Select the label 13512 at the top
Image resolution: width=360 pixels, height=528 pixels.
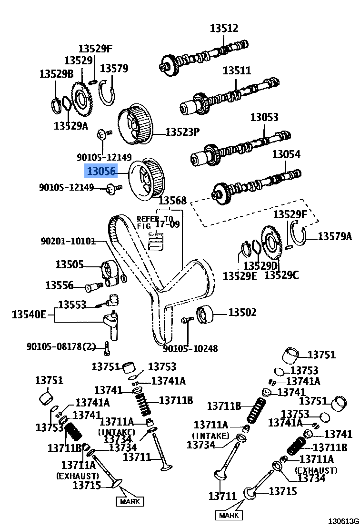point(224,28)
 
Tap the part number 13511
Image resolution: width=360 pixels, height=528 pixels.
point(237,71)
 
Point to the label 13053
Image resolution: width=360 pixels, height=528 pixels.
point(264,117)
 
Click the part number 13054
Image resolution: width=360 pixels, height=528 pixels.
point(286,154)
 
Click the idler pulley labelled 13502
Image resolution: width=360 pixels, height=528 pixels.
point(205,314)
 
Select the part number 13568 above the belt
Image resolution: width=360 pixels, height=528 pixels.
point(172,201)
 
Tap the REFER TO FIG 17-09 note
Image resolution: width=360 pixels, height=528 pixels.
point(158,222)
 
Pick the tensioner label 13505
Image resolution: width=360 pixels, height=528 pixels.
point(70,264)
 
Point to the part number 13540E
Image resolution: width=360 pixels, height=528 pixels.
point(29,315)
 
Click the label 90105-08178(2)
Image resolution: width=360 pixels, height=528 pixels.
point(61,346)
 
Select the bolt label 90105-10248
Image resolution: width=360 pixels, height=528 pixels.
point(190,349)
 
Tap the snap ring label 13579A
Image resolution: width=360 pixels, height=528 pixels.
point(335,236)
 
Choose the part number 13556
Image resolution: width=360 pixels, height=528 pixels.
point(59,285)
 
